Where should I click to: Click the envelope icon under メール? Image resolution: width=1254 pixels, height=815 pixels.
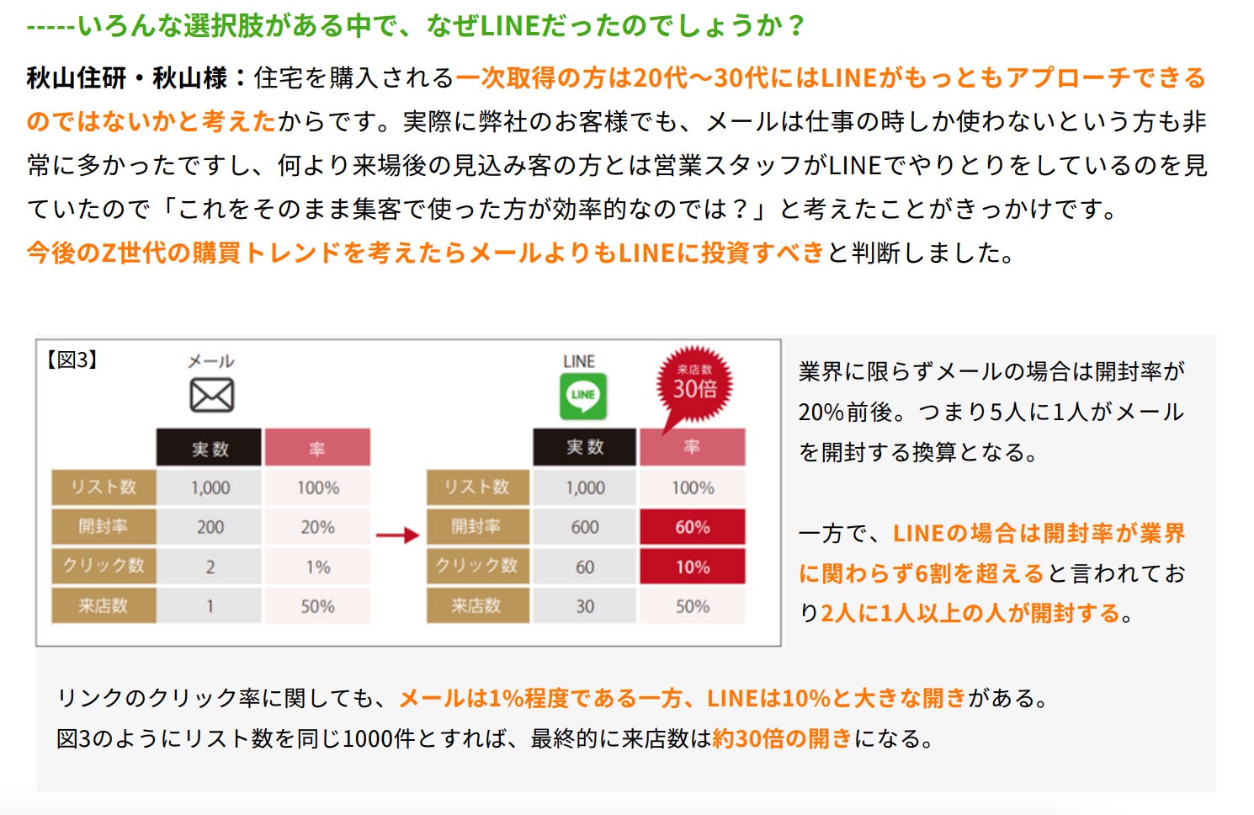[x=211, y=395]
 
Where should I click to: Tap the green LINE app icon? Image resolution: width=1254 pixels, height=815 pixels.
[x=583, y=396]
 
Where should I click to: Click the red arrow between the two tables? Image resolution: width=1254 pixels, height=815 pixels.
[x=397, y=535]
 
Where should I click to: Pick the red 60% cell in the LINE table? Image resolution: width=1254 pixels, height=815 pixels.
[x=692, y=527]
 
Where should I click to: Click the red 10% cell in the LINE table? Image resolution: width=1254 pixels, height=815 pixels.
[x=692, y=567]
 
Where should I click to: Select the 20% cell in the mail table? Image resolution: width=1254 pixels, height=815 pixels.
[x=317, y=527]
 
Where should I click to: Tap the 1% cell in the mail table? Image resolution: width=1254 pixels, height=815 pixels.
[x=317, y=567]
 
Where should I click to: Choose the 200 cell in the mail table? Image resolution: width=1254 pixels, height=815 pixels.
[x=210, y=527]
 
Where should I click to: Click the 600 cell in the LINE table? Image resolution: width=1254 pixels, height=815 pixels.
[x=585, y=527]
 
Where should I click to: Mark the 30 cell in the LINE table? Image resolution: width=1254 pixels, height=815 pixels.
[x=585, y=606]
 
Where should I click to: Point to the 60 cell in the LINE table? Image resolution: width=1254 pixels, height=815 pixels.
[x=585, y=567]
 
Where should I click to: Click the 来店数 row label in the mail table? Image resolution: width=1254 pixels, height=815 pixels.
[x=104, y=606]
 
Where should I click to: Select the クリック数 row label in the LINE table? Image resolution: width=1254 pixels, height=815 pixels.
[x=477, y=566]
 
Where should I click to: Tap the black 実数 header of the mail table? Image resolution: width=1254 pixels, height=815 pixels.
[x=210, y=448]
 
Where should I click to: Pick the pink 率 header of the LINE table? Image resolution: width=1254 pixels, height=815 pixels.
[x=692, y=447]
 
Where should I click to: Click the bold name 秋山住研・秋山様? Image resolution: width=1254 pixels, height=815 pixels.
[x=127, y=78]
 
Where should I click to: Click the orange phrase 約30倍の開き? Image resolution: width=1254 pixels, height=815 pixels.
[x=782, y=738]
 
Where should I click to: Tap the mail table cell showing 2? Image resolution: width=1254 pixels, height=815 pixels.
[x=210, y=567]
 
